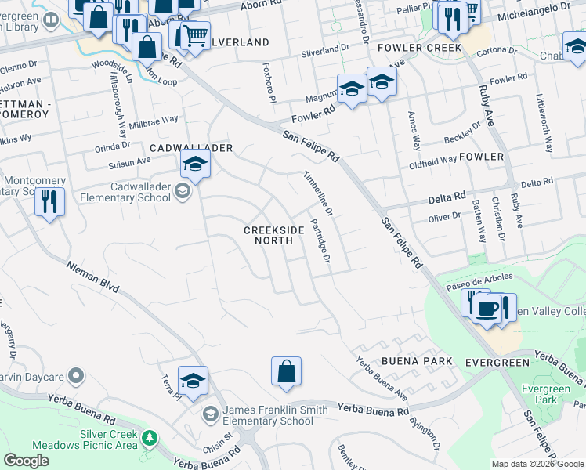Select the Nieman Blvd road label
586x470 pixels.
pos(92,277)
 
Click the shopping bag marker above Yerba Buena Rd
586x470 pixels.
pos(287,371)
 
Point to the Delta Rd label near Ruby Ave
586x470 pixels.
pos(537,183)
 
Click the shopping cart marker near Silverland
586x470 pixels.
pos(195,35)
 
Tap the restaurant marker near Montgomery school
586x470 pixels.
pos(49,202)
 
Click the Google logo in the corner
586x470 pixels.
pos(27,461)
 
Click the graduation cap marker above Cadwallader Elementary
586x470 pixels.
pos(194,164)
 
